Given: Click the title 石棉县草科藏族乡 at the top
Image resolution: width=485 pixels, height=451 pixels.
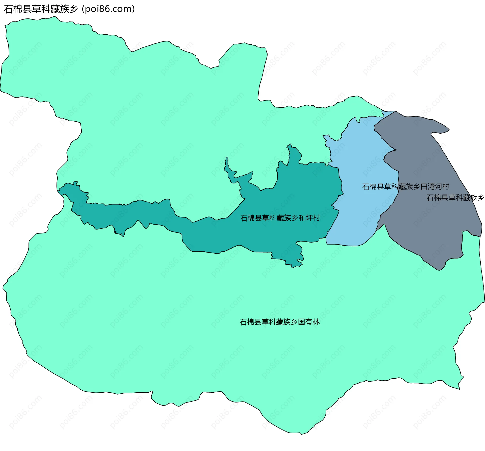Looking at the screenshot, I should point(41,9).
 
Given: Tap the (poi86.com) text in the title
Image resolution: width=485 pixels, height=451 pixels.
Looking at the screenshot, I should point(108,9).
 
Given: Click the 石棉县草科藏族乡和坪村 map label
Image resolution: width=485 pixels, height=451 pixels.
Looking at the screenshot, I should point(280,218).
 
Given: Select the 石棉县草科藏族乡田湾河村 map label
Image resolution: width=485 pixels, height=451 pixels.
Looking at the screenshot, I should point(405,187).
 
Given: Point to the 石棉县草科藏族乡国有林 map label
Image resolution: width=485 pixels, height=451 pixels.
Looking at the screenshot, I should point(279,322).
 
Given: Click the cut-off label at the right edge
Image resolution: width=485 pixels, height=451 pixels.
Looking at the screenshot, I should point(455,198).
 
